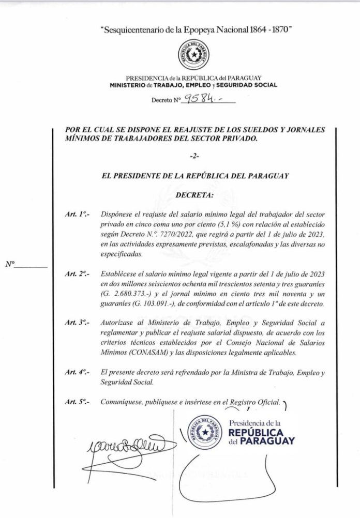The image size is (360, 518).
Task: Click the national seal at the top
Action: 193,55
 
